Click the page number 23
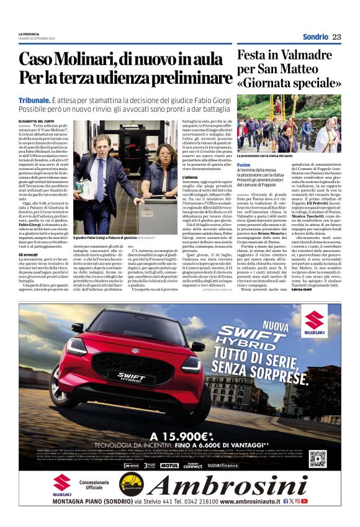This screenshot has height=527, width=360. pyautogui.click(x=336, y=37)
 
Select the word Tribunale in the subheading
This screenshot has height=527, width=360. pyautogui.click(x=34, y=99)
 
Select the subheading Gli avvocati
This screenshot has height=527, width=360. pyautogui.click(x=28, y=254)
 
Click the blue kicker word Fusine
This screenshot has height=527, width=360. pyautogui.click(x=243, y=164)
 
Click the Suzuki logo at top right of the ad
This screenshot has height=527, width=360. pyautogui.click(x=314, y=325)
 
